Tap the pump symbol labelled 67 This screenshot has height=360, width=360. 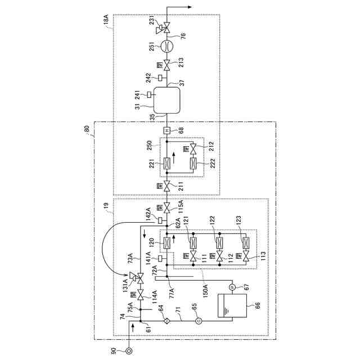[x=231, y=287]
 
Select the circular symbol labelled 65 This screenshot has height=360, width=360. [x=198, y=321]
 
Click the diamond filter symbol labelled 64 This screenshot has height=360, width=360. [x=167, y=321]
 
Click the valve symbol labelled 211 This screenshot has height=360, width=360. [x=167, y=184]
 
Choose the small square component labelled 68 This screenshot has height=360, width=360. [x=167, y=130]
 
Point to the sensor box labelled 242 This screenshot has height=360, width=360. [x=160, y=77]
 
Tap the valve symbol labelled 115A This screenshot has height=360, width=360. [x=167, y=207]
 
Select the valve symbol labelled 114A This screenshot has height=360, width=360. [x=141, y=293]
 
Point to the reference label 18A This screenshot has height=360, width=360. [x=106, y=22]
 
